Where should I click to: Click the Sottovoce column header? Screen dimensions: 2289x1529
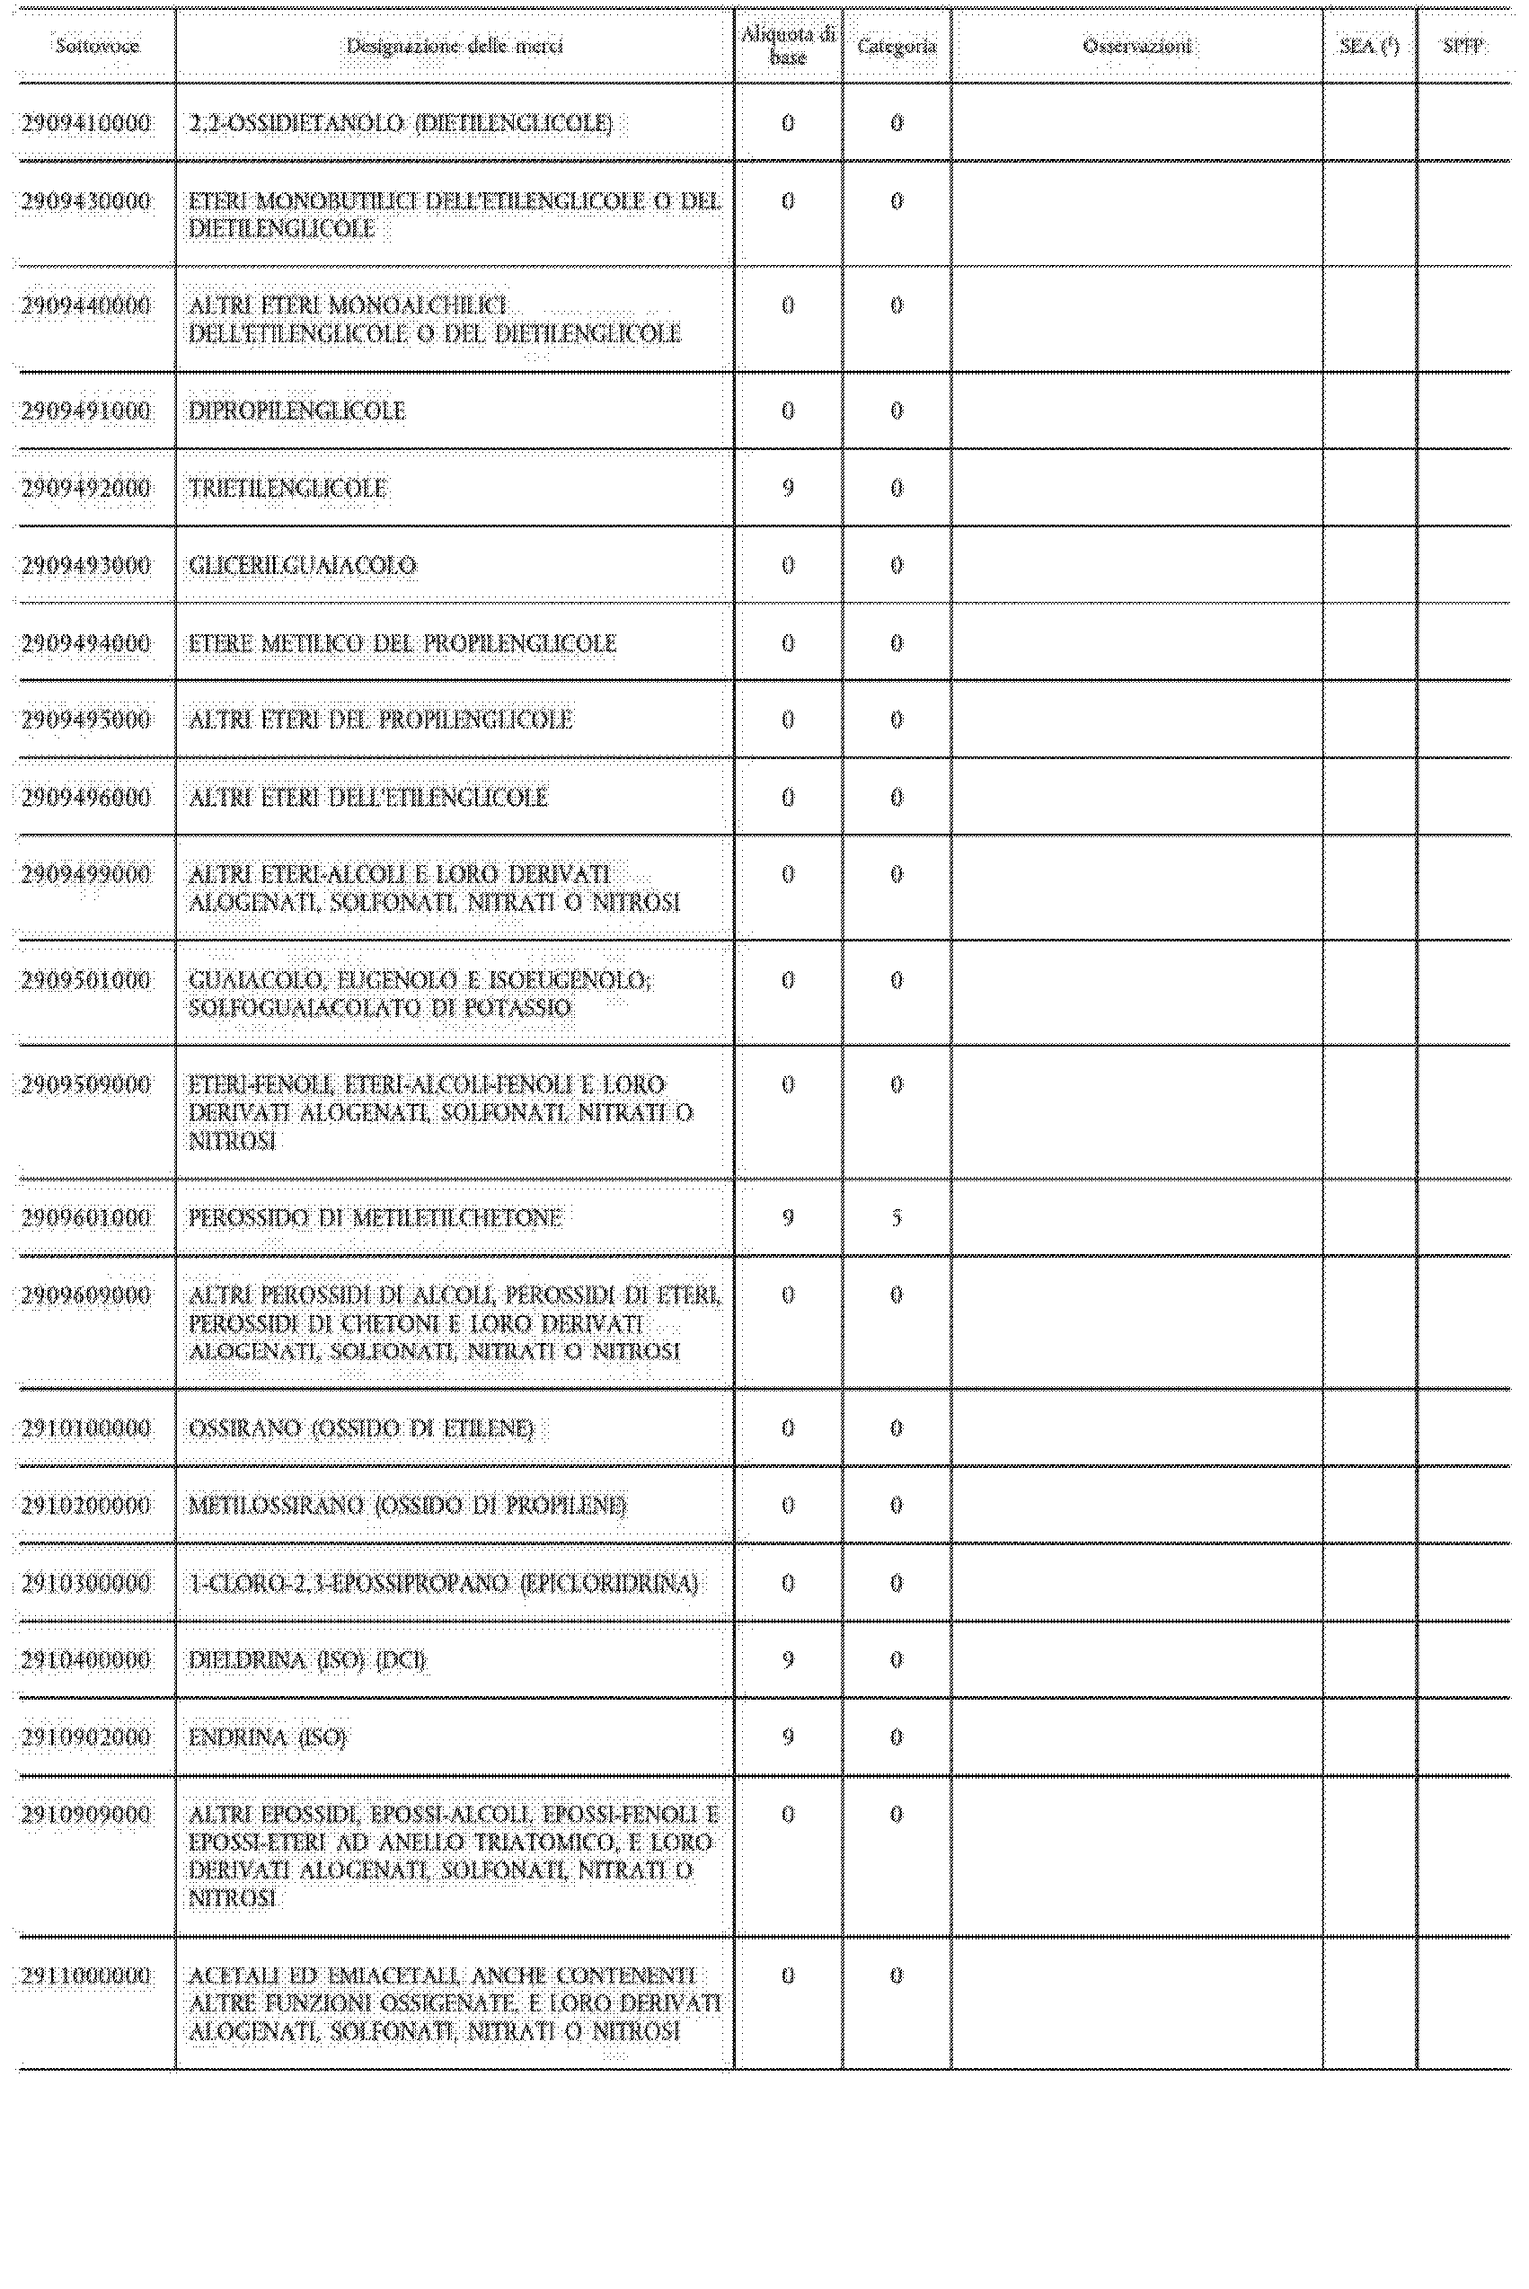[x=96, y=46]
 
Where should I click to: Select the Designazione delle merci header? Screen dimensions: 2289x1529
[x=455, y=46]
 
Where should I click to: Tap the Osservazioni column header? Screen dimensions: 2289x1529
[x=1137, y=46]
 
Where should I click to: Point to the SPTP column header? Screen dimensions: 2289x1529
[x=1463, y=46]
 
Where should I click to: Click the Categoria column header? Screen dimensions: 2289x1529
[x=897, y=46]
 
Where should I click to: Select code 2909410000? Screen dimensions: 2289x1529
[x=87, y=124]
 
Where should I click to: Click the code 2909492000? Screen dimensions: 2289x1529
[x=87, y=489]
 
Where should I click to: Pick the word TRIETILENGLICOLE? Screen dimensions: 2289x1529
[x=287, y=489]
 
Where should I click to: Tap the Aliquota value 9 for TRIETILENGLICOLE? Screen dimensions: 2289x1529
[x=788, y=489]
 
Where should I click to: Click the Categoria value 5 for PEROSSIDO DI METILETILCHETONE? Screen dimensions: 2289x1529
[x=897, y=1217]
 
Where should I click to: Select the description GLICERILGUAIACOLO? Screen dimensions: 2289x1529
[x=302, y=565]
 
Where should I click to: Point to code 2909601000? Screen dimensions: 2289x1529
[x=87, y=1217]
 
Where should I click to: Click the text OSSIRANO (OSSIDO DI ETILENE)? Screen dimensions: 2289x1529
[x=361, y=1428]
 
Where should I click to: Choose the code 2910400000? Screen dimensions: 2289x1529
[x=87, y=1660]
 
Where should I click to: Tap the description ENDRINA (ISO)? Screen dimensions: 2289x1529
[x=267, y=1737]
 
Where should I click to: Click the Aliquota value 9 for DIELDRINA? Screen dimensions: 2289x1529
[x=788, y=1660]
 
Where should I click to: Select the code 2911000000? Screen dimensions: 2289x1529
[x=87, y=1976]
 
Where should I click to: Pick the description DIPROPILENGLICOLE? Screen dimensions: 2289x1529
[x=296, y=411]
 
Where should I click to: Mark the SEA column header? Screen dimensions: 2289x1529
[x=1369, y=46]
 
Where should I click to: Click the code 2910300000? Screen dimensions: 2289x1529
[x=87, y=1583]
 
